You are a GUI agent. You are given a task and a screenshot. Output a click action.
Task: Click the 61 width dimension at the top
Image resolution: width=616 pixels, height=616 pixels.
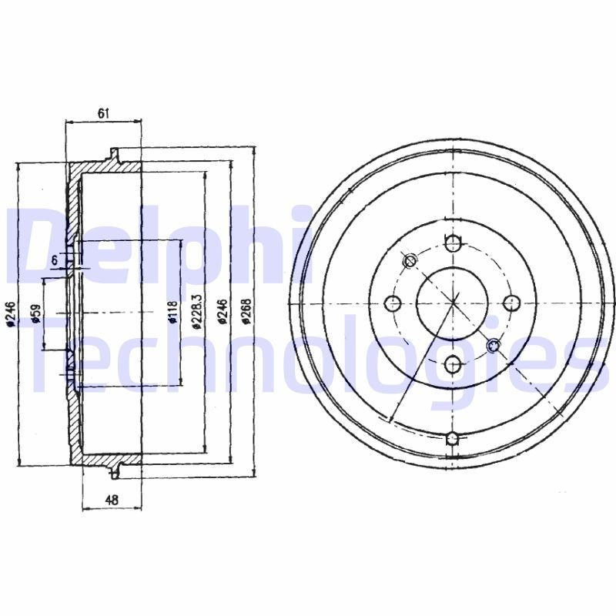104,113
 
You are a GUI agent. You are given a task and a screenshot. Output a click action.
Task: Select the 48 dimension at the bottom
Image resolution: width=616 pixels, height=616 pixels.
111,500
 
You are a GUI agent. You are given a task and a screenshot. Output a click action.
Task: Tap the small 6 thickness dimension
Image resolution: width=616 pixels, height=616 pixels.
55,261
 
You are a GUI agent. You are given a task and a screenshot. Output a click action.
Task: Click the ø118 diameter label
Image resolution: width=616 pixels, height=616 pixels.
172,313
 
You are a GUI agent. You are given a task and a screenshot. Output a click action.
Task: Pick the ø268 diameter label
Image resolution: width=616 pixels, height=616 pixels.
246,313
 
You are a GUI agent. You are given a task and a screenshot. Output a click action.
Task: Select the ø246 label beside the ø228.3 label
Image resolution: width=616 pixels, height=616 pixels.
222,313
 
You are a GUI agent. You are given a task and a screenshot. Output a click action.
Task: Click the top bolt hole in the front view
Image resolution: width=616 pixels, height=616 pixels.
453,244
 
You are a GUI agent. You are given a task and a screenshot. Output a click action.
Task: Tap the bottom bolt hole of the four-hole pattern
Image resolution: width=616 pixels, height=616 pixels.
453,363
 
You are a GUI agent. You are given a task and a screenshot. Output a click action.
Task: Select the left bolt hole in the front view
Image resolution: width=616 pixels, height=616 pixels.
393,303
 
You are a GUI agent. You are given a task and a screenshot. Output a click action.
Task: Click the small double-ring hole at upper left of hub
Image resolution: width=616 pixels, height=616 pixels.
410,260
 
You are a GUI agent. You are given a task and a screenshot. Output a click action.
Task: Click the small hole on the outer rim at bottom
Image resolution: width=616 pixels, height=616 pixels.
453,439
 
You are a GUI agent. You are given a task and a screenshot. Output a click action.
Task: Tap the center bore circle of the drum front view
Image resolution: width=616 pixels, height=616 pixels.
453,303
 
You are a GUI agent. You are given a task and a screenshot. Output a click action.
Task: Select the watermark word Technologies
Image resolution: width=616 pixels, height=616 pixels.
308,354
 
